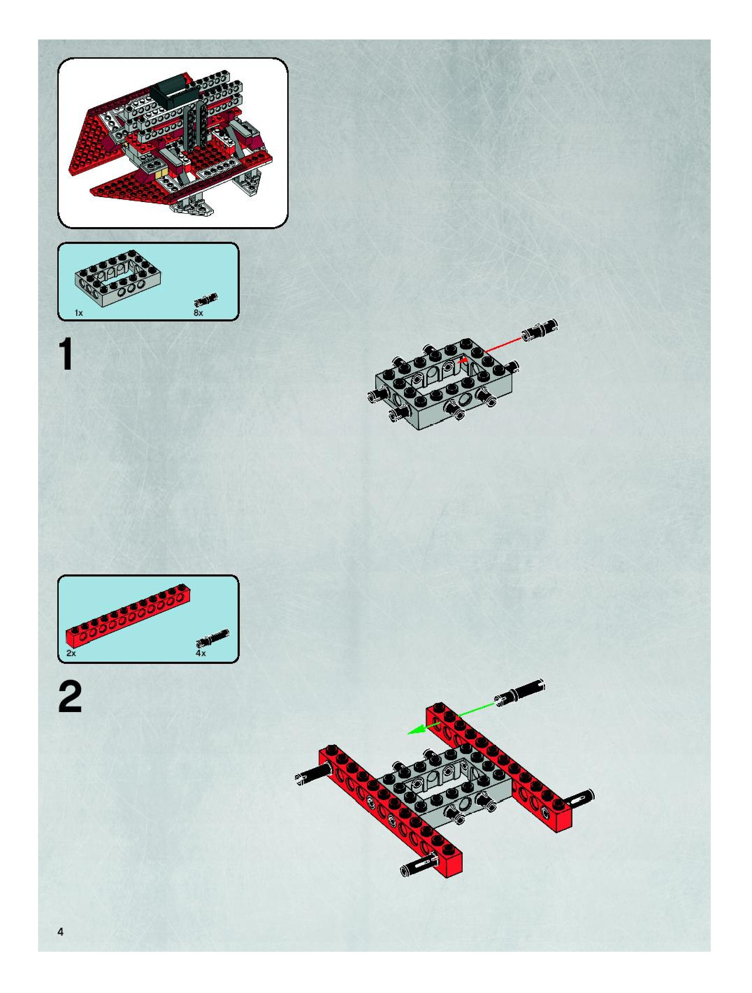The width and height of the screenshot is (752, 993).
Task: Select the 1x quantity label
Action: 79,313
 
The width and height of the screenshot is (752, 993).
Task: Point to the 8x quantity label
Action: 198,313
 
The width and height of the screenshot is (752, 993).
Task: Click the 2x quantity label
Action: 71,653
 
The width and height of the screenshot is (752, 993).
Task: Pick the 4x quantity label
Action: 201,653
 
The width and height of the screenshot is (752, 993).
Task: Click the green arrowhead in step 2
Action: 415,730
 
